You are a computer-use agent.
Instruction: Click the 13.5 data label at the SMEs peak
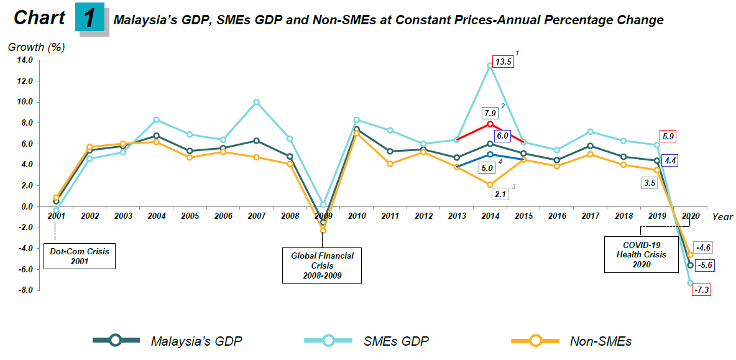(504, 62)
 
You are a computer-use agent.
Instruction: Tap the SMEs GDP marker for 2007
(256, 102)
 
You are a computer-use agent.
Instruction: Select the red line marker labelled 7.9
(490, 124)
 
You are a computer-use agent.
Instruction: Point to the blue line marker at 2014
(490, 154)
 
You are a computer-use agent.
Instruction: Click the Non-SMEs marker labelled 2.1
(490, 185)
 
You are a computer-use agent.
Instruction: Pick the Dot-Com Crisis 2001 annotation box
(80, 256)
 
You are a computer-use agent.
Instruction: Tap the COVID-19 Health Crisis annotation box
(642, 254)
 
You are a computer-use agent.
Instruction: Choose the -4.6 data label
(702, 247)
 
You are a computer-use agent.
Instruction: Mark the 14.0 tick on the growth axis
(24, 60)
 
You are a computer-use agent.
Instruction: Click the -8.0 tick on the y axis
(24, 290)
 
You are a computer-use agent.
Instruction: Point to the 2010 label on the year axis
(357, 216)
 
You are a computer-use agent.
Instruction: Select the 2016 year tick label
(558, 216)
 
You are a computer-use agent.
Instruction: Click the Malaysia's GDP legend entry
(168, 340)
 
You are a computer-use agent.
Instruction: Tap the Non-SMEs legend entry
(572, 340)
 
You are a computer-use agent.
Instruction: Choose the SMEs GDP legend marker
(329, 340)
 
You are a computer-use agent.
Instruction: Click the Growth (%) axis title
(36, 47)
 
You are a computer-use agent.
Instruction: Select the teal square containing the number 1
(90, 17)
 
